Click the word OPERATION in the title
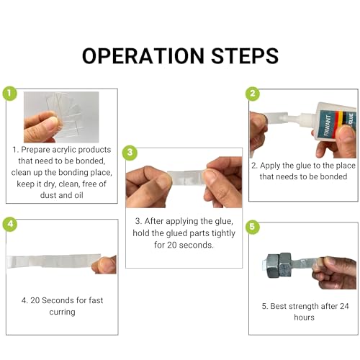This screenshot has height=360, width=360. (x=143, y=56)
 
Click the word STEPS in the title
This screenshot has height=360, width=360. (x=245, y=56)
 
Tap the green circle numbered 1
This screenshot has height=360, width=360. (x=9, y=94)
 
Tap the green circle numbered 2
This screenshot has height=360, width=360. (x=253, y=94)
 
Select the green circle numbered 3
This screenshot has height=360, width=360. (x=130, y=153)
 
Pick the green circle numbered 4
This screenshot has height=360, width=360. (x=10, y=224)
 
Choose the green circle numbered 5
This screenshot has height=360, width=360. (x=252, y=227)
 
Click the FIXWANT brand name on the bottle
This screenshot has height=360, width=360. (x=328, y=125)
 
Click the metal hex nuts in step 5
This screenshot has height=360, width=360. (x=279, y=265)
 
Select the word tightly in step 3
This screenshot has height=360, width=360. (x=223, y=233)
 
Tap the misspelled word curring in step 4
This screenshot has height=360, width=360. (x=62, y=312)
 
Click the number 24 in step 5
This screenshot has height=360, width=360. (x=344, y=306)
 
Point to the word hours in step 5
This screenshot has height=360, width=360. (x=304, y=318)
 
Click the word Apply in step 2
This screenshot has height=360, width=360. (x=270, y=166)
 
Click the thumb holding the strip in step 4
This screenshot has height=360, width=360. (x=105, y=264)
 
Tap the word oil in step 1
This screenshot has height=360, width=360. (x=78, y=195)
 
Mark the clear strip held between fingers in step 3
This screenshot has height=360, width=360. (x=186, y=177)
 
